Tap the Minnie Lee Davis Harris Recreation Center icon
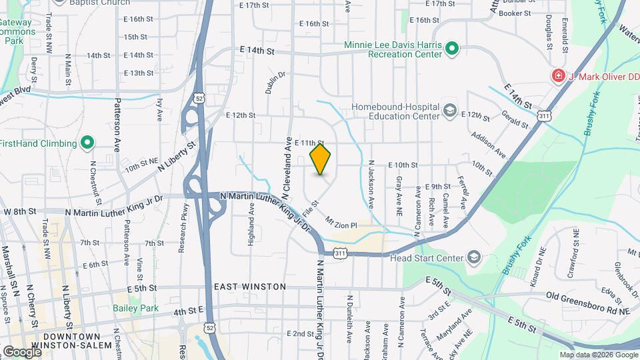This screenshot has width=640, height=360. pos(451,48)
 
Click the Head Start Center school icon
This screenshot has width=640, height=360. pos(473,257)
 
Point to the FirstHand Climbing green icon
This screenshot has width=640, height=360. pos(87,143)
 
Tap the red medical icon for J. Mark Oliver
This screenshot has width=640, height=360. pos(557,77)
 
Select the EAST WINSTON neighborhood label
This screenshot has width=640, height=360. pos(250,287)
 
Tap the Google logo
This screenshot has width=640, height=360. pos(22,351)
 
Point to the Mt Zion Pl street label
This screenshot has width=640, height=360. pos(341,222)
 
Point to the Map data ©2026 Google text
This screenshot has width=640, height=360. pos(598,355)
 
